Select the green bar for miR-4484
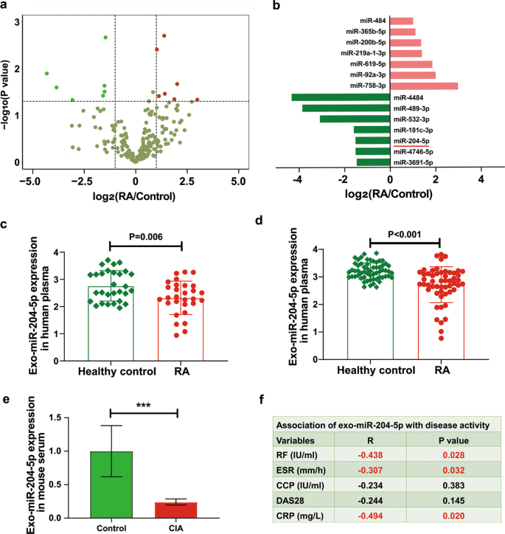coord(341,97)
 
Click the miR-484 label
coord(372,21)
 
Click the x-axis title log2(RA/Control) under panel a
coord(135,197)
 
